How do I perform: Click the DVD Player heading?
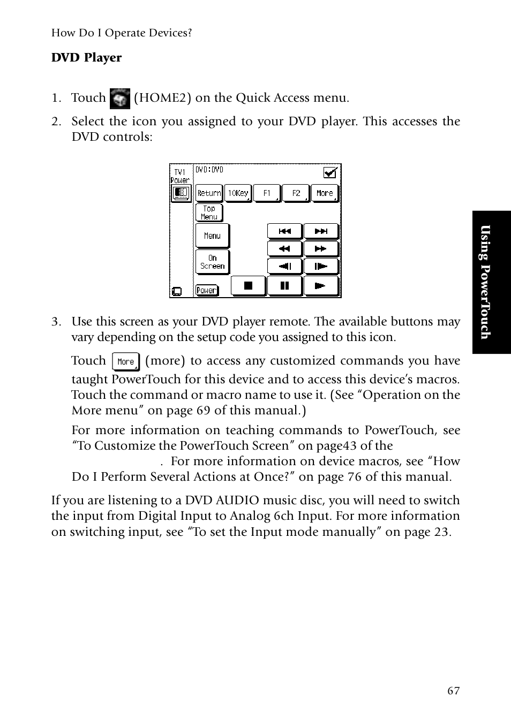click(x=86, y=58)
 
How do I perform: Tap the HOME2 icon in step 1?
click(x=119, y=98)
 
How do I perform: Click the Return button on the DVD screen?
click(x=209, y=193)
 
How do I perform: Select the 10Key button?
click(x=238, y=193)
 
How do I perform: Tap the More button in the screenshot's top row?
click(x=325, y=193)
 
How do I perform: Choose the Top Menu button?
click(x=209, y=213)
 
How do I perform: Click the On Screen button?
click(x=212, y=262)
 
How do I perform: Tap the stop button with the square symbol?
click(x=248, y=286)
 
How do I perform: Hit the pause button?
click(x=284, y=286)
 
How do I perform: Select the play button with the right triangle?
click(x=321, y=286)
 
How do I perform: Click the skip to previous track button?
click(x=284, y=231)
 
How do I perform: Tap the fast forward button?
click(x=321, y=248)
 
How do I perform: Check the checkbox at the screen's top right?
click(x=330, y=172)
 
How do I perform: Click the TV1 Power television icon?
click(x=181, y=193)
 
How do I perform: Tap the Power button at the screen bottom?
click(x=206, y=290)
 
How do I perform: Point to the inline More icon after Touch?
click(x=126, y=362)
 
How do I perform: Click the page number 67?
click(x=453, y=691)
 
